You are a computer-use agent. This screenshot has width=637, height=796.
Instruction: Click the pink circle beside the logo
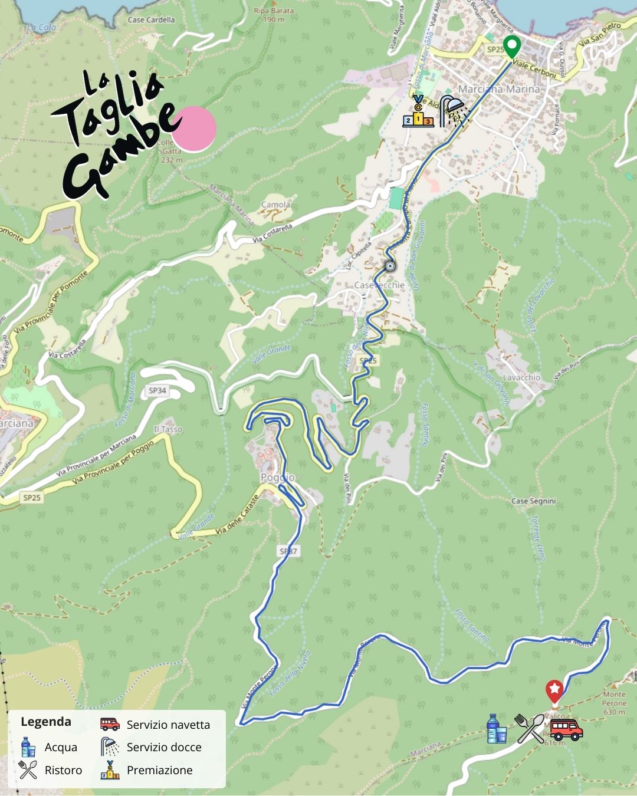194,129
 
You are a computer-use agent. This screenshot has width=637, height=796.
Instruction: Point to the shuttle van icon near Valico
566,729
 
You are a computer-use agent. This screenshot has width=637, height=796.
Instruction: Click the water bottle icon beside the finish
497,729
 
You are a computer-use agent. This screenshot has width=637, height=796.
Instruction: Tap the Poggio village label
278,478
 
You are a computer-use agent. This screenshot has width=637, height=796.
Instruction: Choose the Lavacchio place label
521,377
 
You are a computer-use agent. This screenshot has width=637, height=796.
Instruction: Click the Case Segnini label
533,501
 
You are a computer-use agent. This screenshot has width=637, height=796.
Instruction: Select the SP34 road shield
157,390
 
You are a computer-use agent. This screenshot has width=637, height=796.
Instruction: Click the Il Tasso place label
168,429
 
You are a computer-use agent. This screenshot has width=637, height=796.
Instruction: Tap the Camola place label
275,205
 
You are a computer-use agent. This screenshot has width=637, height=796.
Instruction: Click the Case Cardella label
151,19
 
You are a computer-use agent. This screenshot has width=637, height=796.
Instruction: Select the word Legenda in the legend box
46,722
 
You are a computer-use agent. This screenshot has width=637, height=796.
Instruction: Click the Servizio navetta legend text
168,725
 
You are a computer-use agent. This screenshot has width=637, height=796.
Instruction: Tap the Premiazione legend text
159,770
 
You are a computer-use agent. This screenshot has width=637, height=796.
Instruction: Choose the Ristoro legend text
63,770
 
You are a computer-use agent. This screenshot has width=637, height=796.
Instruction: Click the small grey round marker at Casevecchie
389,266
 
